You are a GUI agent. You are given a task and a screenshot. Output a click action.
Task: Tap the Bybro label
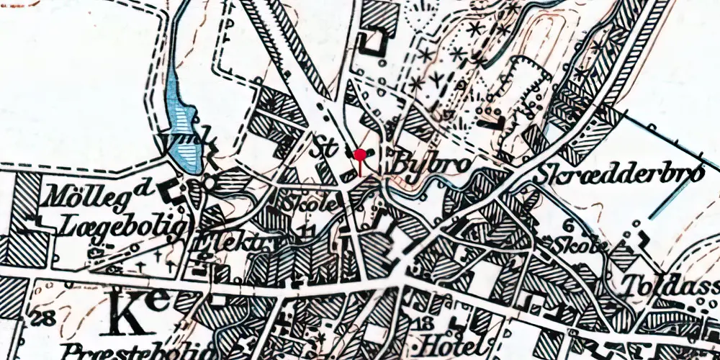click(x=431, y=163)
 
